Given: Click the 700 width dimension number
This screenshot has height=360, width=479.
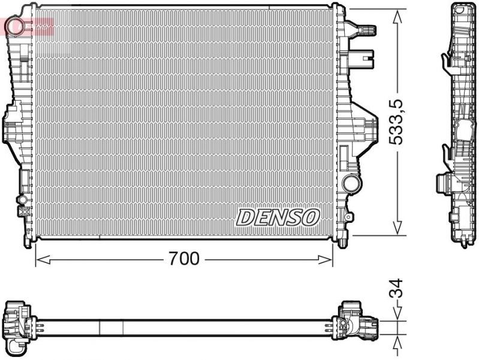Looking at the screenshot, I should coord(183,259).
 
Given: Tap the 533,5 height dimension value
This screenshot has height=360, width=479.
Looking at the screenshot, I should coord(397,122).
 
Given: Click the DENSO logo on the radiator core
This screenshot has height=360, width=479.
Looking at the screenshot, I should coord(278,217).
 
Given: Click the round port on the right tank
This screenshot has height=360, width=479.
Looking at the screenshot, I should coord(351,182).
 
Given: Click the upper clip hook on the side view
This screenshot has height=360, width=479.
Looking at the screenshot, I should coord(444,60).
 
